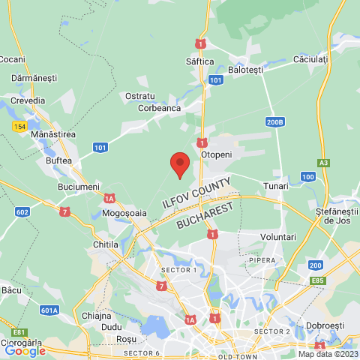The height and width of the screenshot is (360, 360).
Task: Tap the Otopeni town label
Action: coord(217,154)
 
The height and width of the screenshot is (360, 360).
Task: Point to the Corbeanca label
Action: coord(159,108)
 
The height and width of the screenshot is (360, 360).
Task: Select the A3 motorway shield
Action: coord(323,162)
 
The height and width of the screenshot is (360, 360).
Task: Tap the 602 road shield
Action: coord(22,212)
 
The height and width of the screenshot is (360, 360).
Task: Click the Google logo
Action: coord(25,350)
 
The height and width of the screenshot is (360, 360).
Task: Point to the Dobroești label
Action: coord(325,326)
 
